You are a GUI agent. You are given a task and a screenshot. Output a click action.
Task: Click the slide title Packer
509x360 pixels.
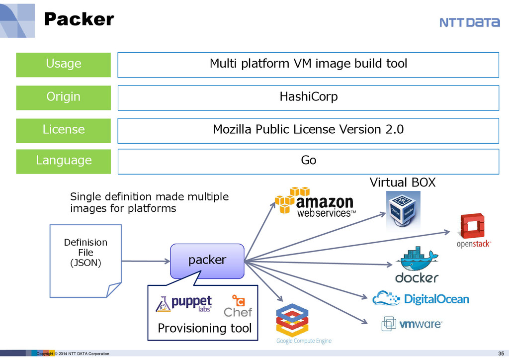(x=79, y=19)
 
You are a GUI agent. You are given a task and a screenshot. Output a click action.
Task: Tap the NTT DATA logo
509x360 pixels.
(x=469, y=22)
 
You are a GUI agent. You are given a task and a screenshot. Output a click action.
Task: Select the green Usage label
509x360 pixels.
(x=64, y=64)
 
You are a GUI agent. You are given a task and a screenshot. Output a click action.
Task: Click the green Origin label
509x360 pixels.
(x=64, y=97)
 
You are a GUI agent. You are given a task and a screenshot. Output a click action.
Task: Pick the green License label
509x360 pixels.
(x=64, y=130)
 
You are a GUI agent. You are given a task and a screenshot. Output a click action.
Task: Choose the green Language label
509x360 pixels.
(x=64, y=161)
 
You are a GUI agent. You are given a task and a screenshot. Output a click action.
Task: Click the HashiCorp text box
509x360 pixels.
(x=308, y=97)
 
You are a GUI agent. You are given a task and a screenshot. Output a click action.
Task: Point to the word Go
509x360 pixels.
(x=308, y=161)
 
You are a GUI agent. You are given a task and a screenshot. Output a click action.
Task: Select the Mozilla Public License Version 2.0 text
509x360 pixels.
(x=308, y=130)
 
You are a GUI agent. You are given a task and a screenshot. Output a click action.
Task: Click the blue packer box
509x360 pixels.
(x=207, y=260)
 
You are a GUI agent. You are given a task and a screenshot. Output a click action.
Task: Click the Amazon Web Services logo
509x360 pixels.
(x=315, y=203)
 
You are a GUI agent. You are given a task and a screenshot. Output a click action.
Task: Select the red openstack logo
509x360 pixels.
(x=474, y=230)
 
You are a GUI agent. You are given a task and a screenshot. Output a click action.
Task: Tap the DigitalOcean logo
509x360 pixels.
(x=421, y=298)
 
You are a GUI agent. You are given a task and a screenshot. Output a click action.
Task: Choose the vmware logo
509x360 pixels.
(x=412, y=324)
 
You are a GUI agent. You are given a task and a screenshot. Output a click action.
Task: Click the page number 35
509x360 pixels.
(x=501, y=354)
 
